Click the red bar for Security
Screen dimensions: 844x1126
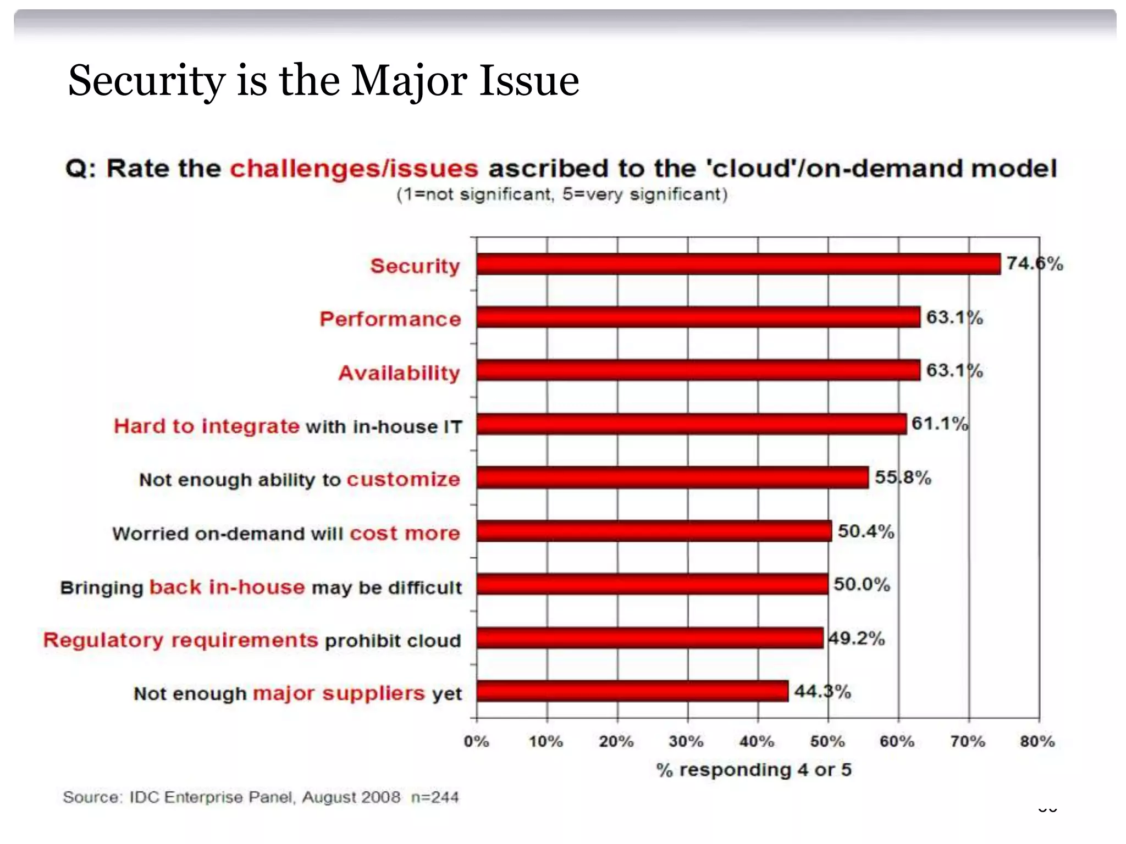[x=738, y=264]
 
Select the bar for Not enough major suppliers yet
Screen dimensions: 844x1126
[x=632, y=691]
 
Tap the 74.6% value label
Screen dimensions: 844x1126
[x=1035, y=264]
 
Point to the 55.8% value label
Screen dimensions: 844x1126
[x=903, y=477]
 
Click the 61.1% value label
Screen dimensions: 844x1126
[x=940, y=424]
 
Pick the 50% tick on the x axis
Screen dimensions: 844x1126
[x=827, y=741]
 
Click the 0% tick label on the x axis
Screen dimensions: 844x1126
[x=476, y=741]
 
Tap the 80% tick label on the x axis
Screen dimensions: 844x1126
[x=1037, y=741]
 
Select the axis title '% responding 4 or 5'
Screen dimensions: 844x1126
[x=754, y=770]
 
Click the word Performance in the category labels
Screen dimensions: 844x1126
[x=390, y=319]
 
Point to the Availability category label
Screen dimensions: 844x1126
[x=399, y=373]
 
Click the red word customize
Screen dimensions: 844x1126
[x=403, y=479]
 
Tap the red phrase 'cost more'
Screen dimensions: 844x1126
[x=405, y=533]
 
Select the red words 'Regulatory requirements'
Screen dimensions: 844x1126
[x=180, y=640]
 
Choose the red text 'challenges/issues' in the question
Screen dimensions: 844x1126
[x=354, y=169]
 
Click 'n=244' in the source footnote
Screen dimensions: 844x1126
[x=435, y=797]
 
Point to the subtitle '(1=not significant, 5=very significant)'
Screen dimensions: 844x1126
[x=562, y=195]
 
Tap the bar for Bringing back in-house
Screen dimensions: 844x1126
[x=652, y=584]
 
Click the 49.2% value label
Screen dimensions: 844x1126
[x=857, y=638]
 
